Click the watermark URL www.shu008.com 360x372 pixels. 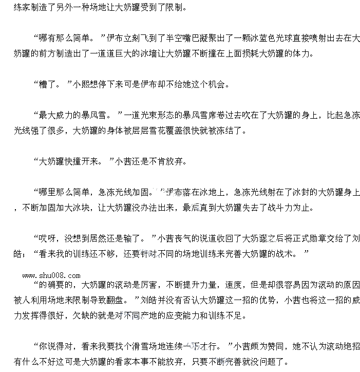click(x=51, y=275)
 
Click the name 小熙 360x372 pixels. click(x=83, y=84)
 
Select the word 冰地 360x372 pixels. click(x=209, y=192)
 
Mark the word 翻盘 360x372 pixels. click(x=117, y=299)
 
